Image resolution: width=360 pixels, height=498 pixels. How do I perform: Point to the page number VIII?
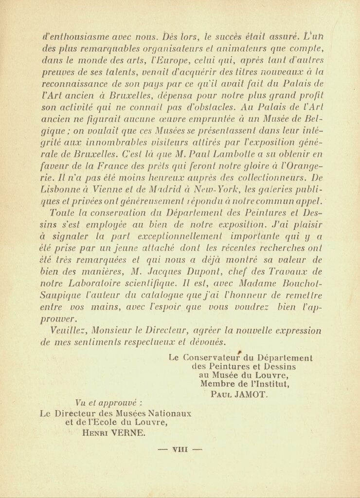tap(180, 450)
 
